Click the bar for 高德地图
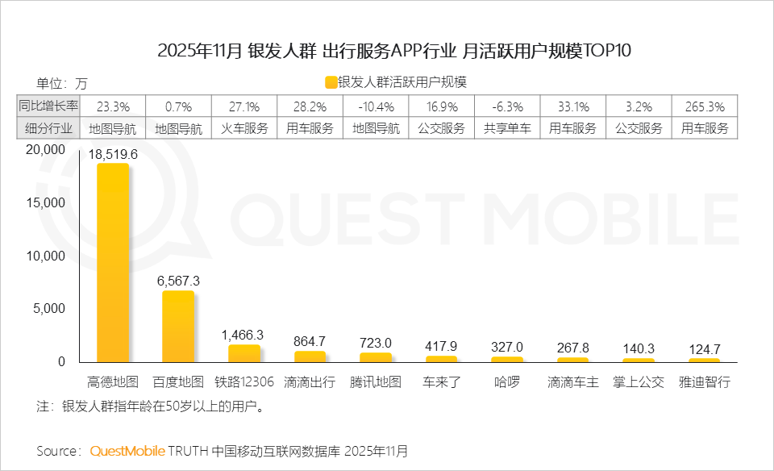point(113,262)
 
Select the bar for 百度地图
point(178,326)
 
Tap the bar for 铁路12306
point(244,353)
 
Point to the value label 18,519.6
point(113,154)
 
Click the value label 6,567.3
point(178,281)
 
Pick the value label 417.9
point(441,346)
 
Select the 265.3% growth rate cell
point(704,106)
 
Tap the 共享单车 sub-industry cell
point(507,128)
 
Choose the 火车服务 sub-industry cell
point(244,128)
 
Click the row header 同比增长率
point(48,106)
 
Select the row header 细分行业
point(48,128)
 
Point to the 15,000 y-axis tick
point(45,203)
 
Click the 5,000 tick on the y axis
point(48,309)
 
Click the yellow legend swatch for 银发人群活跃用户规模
point(331,82)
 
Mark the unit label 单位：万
point(62,83)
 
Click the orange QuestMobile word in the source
point(127,450)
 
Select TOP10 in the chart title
point(600,51)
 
